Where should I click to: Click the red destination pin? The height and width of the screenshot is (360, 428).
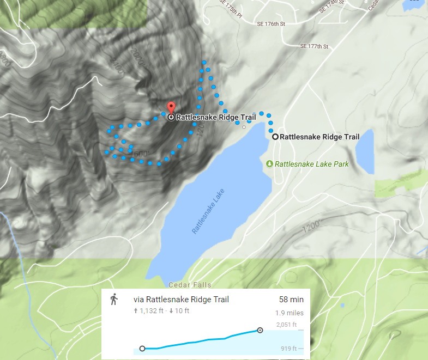[x=171, y=107]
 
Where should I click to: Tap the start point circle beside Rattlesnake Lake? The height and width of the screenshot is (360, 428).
[x=275, y=137]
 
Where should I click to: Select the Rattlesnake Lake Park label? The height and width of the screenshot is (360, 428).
[x=311, y=164]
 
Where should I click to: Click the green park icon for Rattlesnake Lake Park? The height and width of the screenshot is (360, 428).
[x=269, y=164]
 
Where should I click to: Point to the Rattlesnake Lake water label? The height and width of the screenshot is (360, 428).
[x=208, y=211]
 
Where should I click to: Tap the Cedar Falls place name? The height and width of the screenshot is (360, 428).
[x=190, y=285]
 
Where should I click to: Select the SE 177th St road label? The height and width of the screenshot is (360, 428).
[x=315, y=47]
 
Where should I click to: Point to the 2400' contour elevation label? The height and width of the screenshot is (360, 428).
[x=118, y=69]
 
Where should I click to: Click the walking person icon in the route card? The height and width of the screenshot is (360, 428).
[x=114, y=300]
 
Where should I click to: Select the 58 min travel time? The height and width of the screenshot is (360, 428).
[x=291, y=300]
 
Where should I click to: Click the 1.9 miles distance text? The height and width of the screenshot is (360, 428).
[x=290, y=313]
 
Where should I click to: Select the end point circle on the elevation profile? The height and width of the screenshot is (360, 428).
[x=260, y=330]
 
